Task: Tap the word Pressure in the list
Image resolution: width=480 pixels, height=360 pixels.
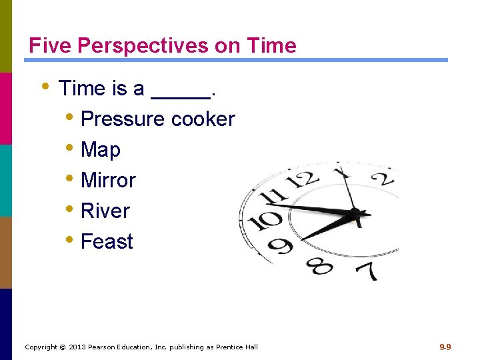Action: pyautogui.click(x=123, y=119)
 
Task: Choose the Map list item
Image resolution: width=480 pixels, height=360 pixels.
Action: pyautogui.click(x=100, y=150)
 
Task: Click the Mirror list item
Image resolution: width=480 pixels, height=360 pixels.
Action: pyautogui.click(x=107, y=180)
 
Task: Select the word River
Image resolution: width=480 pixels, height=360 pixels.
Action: pyautogui.click(x=105, y=211)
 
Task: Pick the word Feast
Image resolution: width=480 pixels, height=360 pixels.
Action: pyautogui.click(x=107, y=241)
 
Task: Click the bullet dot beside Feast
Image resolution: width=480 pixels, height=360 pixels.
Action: pyautogui.click(x=71, y=240)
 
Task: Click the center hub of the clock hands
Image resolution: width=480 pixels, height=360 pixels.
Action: pyautogui.click(x=356, y=214)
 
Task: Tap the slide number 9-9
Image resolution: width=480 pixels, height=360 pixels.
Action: pyautogui.click(x=445, y=347)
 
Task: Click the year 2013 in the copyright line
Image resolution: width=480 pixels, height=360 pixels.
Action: pyautogui.click(x=78, y=347)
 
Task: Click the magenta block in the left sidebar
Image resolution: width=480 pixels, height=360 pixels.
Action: pyautogui.click(x=6, y=108)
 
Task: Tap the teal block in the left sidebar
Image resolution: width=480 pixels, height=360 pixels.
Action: pyautogui.click(x=6, y=180)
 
